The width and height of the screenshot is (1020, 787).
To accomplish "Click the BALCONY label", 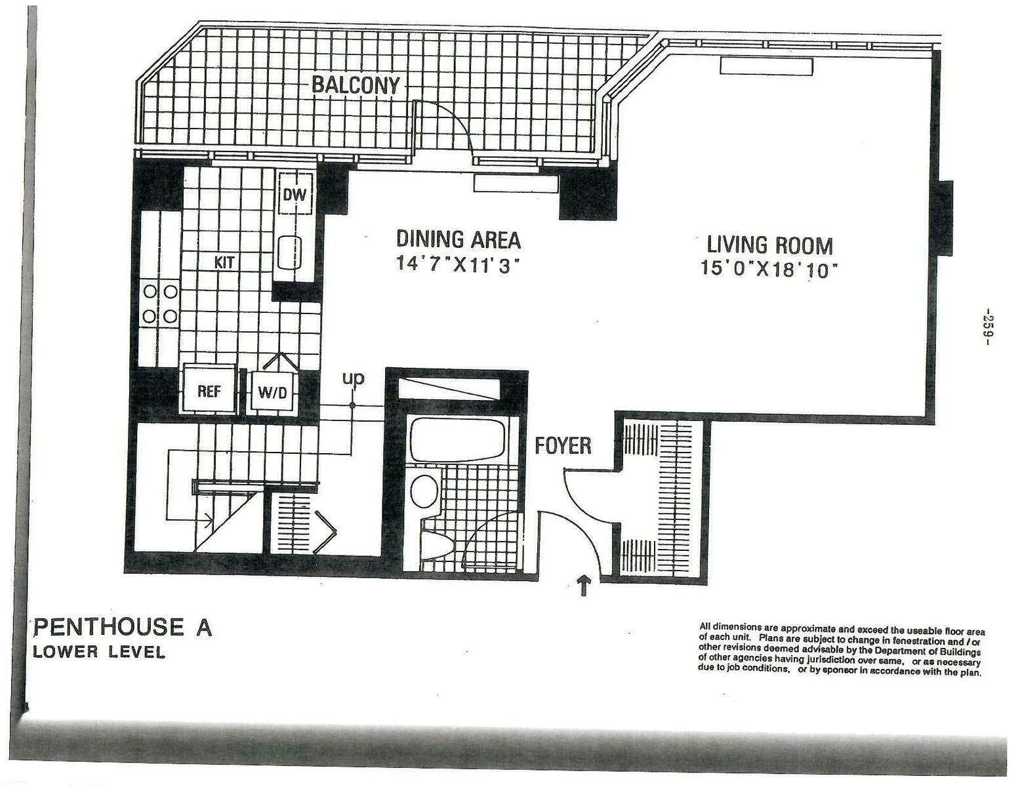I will [355, 85].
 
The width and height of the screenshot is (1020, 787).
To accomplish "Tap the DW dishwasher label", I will [295, 195].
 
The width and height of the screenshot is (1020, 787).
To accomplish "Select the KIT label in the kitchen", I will [224, 263].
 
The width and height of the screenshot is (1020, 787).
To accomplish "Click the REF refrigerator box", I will [209, 392].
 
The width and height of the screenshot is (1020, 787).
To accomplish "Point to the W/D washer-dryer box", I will [272, 393].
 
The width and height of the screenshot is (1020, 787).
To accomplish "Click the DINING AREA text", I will [458, 239].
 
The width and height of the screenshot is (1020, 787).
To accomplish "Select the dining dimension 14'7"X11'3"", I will [458, 264].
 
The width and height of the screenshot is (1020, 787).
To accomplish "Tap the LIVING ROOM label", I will [769, 245].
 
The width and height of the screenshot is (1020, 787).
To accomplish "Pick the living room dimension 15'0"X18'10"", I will [770, 269].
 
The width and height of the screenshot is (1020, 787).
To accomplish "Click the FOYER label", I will [563, 446].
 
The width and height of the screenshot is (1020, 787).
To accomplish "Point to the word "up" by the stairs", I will [353, 378].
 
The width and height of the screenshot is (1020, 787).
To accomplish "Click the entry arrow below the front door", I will [583, 584].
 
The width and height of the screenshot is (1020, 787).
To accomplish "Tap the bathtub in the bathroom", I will [457, 440].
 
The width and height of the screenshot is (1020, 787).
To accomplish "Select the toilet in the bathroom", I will [437, 543].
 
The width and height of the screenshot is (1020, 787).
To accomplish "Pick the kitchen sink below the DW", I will [289, 252].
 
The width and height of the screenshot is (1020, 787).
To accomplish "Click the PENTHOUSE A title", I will [123, 627].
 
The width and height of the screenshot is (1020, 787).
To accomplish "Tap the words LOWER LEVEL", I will [99, 652].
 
